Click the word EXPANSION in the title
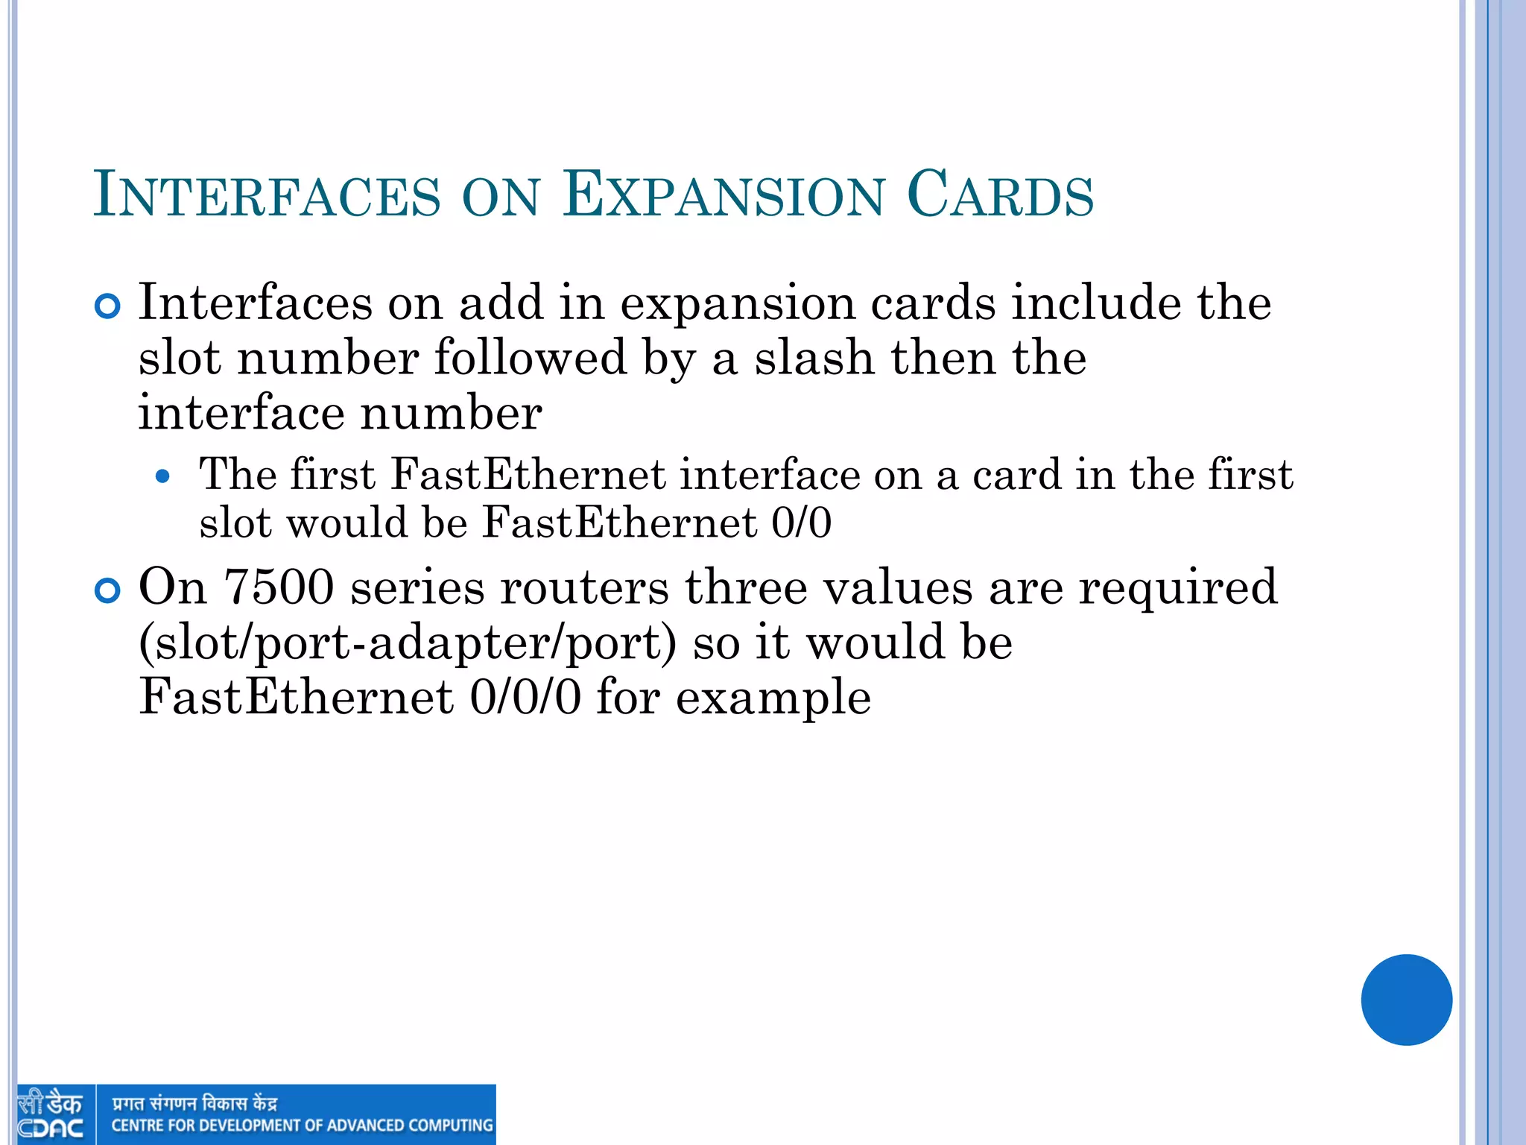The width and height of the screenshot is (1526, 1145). (723, 195)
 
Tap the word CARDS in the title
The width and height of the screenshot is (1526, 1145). (1000, 195)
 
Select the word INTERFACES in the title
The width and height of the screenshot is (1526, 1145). (267, 195)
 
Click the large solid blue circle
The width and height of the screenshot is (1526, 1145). (1406, 1000)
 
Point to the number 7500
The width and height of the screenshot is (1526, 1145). (279, 587)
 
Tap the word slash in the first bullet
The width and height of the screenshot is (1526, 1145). (814, 358)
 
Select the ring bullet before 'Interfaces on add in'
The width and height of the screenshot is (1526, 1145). (108, 306)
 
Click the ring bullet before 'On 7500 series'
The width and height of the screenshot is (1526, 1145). (108, 591)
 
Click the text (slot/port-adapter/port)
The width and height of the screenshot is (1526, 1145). (408, 643)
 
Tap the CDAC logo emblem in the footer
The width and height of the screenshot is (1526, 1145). (51, 1114)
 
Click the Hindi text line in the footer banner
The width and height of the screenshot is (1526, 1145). (194, 1103)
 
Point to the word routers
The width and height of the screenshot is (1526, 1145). (584, 587)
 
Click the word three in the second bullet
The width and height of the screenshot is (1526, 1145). (746, 587)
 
